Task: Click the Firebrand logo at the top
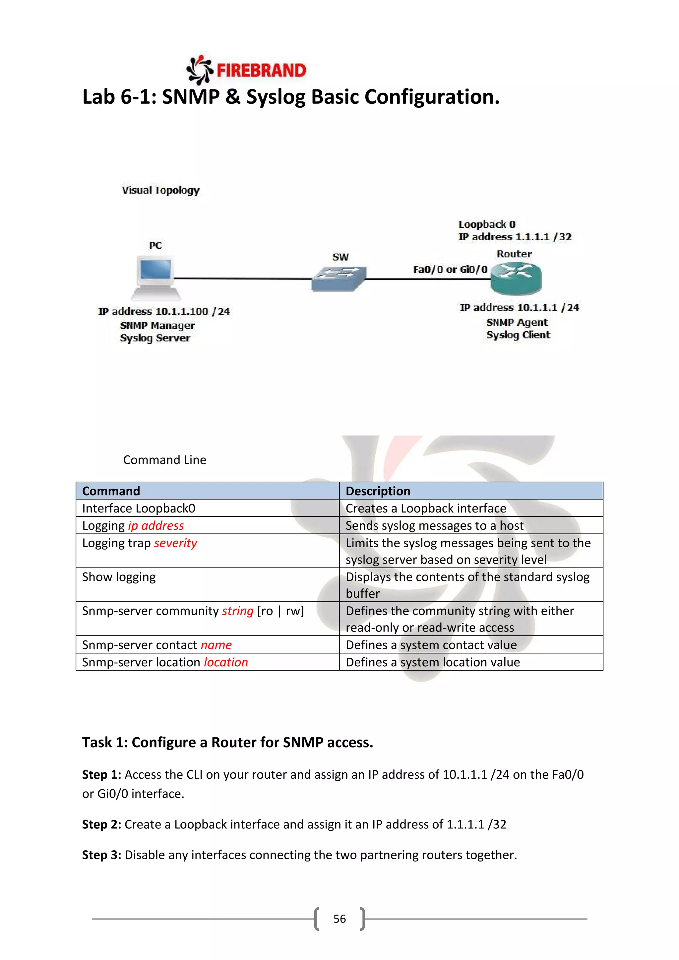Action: click(247, 70)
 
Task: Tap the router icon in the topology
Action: click(516, 278)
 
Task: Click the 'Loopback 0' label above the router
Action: click(487, 224)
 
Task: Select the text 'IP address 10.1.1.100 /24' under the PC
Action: click(164, 312)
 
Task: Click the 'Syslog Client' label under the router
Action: click(518, 335)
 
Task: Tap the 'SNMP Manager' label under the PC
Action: click(157, 325)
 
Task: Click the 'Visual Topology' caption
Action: click(160, 190)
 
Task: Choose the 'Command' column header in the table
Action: click(111, 491)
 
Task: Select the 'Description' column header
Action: click(378, 491)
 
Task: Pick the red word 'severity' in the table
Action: click(175, 543)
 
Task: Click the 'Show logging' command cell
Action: click(119, 577)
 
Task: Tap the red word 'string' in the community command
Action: click(237, 611)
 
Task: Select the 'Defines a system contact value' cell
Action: click(431, 645)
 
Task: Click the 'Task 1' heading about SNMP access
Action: click(227, 743)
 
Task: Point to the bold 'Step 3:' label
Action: click(101, 855)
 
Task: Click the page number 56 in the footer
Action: click(339, 919)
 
